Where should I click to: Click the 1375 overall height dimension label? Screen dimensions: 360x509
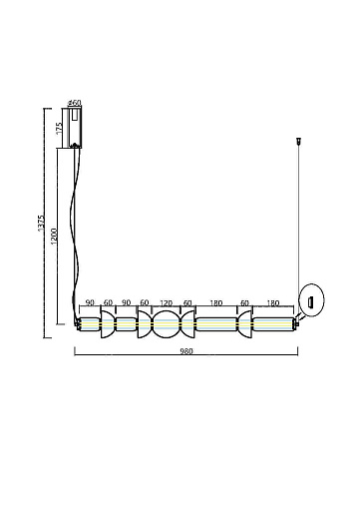tap(41, 224)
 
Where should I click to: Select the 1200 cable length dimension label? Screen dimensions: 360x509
tap(54, 236)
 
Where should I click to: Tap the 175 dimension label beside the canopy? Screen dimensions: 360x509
tap(59, 128)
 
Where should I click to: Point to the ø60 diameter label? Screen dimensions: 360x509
tap(74, 103)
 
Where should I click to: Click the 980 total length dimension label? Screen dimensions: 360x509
tap(186, 351)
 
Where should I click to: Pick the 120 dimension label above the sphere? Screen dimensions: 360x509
tap(167, 303)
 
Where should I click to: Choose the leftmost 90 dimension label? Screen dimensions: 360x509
tap(90, 302)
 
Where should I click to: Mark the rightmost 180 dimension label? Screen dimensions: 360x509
tap(273, 303)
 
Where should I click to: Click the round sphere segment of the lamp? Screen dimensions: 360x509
tap(167, 324)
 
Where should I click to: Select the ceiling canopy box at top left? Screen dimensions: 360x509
tap(75, 128)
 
